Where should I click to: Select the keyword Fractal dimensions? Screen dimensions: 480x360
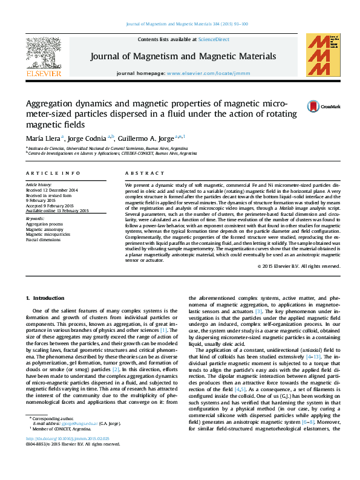click(x=44, y=240)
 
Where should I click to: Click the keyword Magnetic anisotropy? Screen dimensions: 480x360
click(x=44, y=229)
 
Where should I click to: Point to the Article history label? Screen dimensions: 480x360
click(x=39, y=184)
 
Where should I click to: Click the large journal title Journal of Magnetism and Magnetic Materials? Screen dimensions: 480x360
click(x=183, y=56)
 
